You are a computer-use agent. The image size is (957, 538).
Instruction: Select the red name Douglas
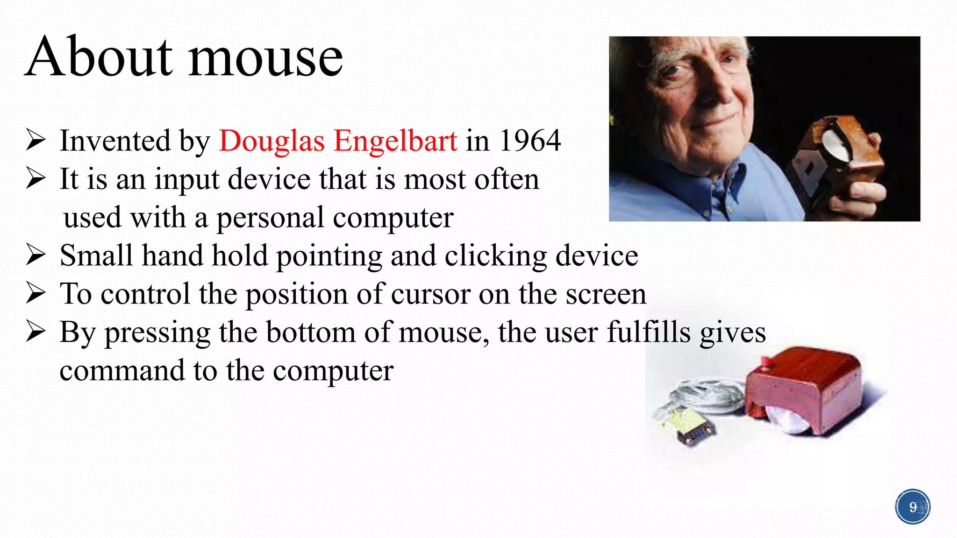coord(271,141)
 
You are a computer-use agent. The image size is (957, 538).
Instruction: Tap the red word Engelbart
coord(395,142)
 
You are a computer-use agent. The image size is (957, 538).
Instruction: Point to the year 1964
coord(530,141)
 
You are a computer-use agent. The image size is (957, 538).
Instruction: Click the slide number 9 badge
coord(913,507)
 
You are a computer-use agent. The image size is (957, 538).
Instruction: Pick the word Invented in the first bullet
coord(115,141)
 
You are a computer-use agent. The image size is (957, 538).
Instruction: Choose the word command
coord(122,371)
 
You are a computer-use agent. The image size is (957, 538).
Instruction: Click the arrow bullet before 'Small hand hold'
coord(36,255)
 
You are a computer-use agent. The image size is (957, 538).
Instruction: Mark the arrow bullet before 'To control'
coord(36,293)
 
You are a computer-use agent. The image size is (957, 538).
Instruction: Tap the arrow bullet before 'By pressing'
coord(36,332)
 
